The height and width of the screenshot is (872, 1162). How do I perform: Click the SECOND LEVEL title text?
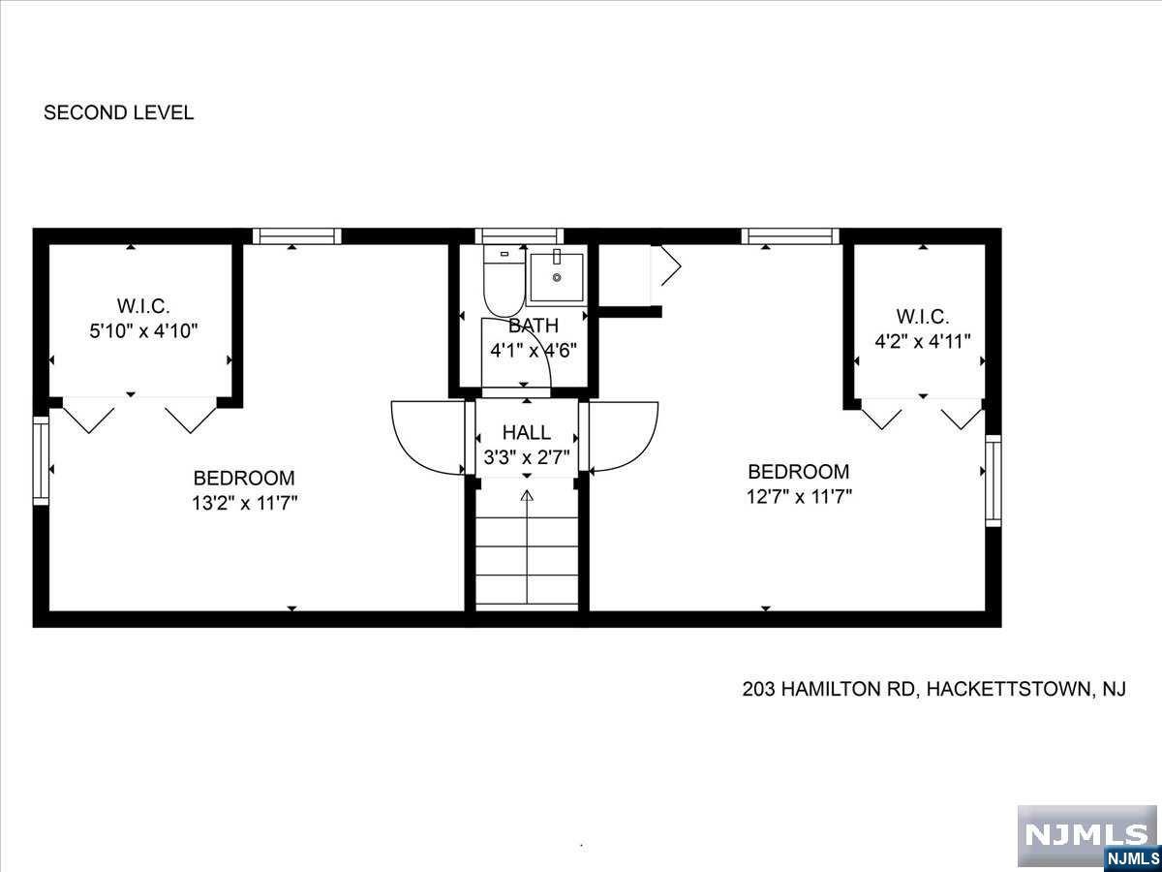pyautogui.click(x=118, y=112)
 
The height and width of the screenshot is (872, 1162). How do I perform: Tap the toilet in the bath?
pyautogui.click(x=504, y=281)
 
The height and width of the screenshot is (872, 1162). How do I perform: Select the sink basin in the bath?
pyautogui.click(x=557, y=276)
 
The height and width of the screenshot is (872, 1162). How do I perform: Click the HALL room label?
pyautogui.click(x=526, y=432)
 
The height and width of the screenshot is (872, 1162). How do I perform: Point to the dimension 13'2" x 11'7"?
pyautogui.click(x=244, y=503)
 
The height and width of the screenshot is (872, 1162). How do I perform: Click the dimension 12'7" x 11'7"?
pyautogui.click(x=799, y=497)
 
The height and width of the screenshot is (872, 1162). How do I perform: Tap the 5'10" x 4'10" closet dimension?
pyautogui.click(x=143, y=331)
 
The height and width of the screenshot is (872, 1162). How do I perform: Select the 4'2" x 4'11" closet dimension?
pyautogui.click(x=923, y=341)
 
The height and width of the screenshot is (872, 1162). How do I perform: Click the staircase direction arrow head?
pyautogui.click(x=527, y=495)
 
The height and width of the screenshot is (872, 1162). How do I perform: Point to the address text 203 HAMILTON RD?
pyautogui.click(x=829, y=689)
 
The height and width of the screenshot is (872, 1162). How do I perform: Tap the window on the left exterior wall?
pyautogui.click(x=41, y=460)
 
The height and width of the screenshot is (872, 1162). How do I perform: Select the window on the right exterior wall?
pyautogui.click(x=994, y=481)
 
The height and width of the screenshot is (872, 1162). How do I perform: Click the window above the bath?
pyautogui.click(x=519, y=236)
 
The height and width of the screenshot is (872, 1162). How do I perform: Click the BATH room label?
pyautogui.click(x=534, y=326)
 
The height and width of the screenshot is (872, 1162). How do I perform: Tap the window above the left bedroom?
pyautogui.click(x=296, y=236)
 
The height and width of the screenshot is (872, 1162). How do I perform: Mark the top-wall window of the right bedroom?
pyautogui.click(x=790, y=236)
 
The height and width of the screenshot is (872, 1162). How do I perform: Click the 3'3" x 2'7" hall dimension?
pyautogui.click(x=527, y=456)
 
